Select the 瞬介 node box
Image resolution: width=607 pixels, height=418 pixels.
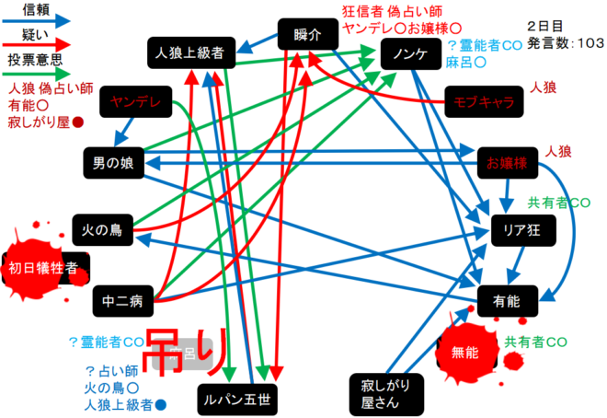(x=307, y=36)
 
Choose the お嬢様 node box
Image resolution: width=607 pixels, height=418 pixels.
(x=507, y=164)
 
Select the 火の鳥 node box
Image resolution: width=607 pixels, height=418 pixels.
(x=104, y=226)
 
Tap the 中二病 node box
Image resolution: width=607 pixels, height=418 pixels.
(x=122, y=300)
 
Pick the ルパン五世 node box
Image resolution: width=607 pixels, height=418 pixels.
(x=236, y=400)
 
